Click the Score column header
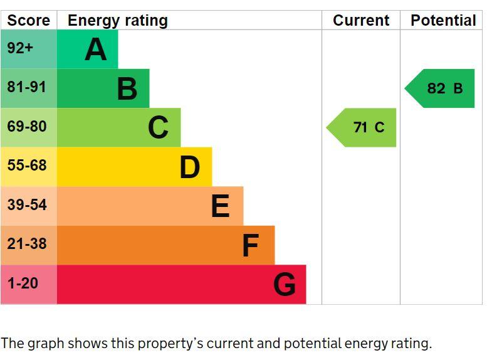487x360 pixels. click(29, 21)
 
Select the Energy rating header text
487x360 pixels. click(118, 21)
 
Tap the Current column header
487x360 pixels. click(361, 21)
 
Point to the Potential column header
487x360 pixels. click(443, 21)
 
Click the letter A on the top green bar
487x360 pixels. click(96, 49)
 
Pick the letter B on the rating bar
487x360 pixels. click(127, 88)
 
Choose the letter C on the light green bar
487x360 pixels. click(159, 127)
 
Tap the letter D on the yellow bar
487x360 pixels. click(190, 167)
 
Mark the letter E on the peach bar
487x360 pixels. click(221, 206)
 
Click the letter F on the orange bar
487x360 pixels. click(250, 245)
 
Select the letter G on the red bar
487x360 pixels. click(285, 284)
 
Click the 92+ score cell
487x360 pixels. click(20, 48)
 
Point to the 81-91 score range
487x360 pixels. click(27, 87)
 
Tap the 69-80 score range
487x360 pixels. click(27, 126)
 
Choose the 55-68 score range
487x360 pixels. click(27, 165)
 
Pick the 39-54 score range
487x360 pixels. click(27, 204)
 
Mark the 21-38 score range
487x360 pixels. click(27, 243)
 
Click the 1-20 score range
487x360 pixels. click(23, 283)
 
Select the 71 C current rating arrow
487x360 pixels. click(361, 127)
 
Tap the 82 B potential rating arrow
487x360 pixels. click(439, 88)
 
